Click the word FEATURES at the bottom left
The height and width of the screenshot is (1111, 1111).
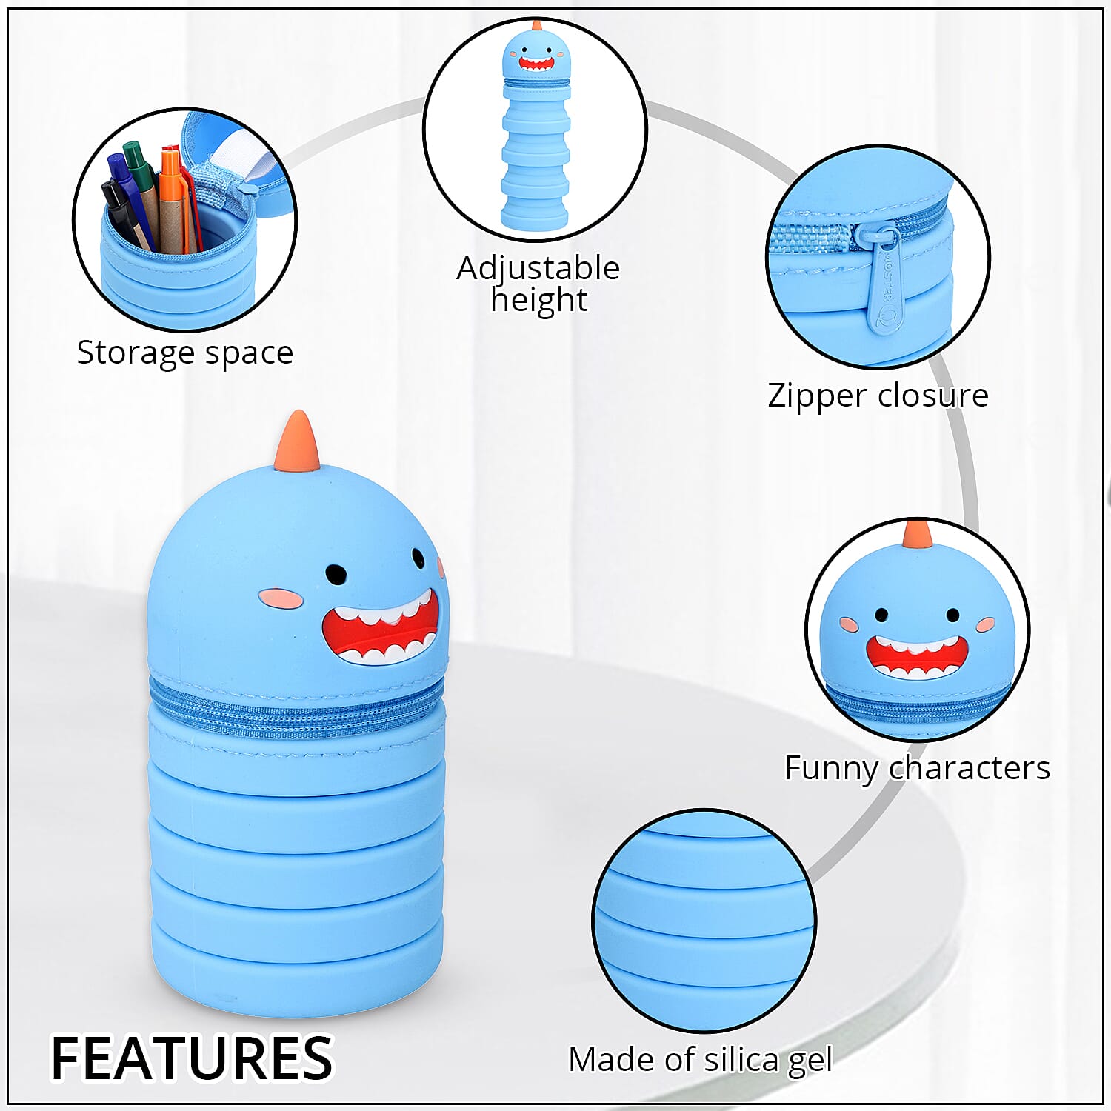(x=192, y=1058)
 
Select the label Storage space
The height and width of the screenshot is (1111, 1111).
(x=185, y=353)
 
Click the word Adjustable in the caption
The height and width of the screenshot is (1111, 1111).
(x=538, y=267)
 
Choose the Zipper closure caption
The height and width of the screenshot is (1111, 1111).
(x=878, y=395)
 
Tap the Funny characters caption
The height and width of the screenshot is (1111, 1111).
(x=918, y=768)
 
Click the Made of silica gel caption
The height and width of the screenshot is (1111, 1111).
(x=701, y=1060)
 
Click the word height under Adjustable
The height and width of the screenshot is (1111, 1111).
(x=539, y=301)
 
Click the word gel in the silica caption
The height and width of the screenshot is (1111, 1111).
(x=810, y=1061)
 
